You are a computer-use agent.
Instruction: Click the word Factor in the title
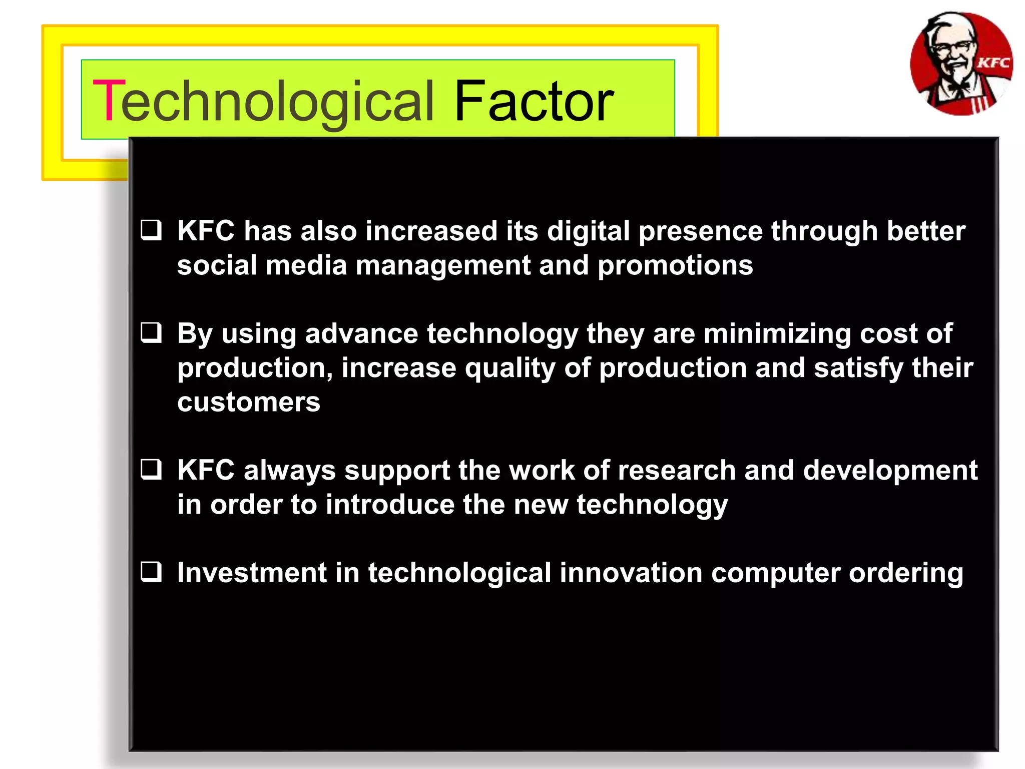tap(534, 102)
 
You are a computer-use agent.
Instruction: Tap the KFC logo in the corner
tap(961, 64)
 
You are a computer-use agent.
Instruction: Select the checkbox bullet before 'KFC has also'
tap(151, 230)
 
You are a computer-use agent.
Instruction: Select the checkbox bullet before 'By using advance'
tap(151, 333)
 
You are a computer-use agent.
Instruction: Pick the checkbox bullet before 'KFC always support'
tap(151, 470)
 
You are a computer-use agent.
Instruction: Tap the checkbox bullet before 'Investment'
tap(151, 572)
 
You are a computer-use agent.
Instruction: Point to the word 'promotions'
tap(675, 265)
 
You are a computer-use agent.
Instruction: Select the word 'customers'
tap(249, 402)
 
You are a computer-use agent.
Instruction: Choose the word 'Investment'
tap(252, 573)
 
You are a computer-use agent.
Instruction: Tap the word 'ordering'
tap(906, 574)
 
